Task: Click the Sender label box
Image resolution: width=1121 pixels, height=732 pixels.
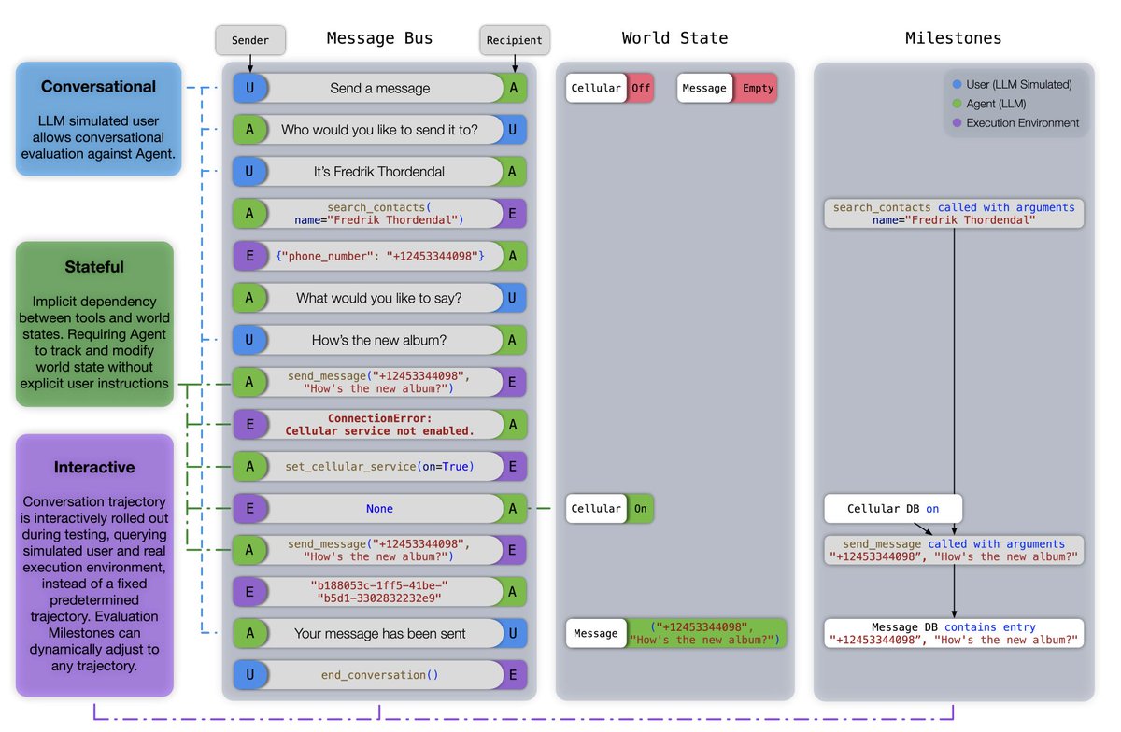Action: tap(249, 40)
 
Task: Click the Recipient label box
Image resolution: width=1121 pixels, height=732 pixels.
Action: tap(515, 40)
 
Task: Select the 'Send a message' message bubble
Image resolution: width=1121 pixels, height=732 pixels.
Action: tap(379, 88)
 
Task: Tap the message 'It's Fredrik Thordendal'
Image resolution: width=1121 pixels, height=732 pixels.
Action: tap(379, 172)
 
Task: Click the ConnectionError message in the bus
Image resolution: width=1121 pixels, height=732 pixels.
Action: tap(379, 425)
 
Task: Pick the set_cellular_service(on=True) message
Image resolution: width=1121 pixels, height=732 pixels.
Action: tap(379, 466)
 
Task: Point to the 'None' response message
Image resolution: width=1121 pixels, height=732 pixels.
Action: tap(379, 509)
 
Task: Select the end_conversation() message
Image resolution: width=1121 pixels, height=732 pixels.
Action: tap(379, 675)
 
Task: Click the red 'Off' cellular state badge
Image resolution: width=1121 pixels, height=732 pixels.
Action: tap(641, 88)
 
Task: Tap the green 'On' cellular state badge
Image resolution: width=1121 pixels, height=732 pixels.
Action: tap(641, 509)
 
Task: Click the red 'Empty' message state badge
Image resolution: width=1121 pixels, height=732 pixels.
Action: tap(758, 88)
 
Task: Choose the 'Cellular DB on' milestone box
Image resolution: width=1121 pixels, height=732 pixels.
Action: tap(893, 509)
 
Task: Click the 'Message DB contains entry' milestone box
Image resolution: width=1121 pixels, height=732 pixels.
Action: tap(954, 634)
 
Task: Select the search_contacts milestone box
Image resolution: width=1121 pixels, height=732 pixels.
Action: tap(954, 214)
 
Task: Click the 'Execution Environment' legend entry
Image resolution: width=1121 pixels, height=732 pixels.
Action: tap(1022, 122)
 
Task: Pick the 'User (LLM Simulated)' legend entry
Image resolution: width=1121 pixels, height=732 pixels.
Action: tap(1018, 84)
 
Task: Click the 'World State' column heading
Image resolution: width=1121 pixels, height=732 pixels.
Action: tap(674, 38)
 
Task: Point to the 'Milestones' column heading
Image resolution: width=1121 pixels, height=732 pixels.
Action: tap(953, 38)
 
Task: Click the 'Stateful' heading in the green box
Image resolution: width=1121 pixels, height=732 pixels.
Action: tap(94, 267)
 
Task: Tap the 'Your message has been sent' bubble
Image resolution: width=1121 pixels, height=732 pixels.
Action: tap(379, 633)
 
